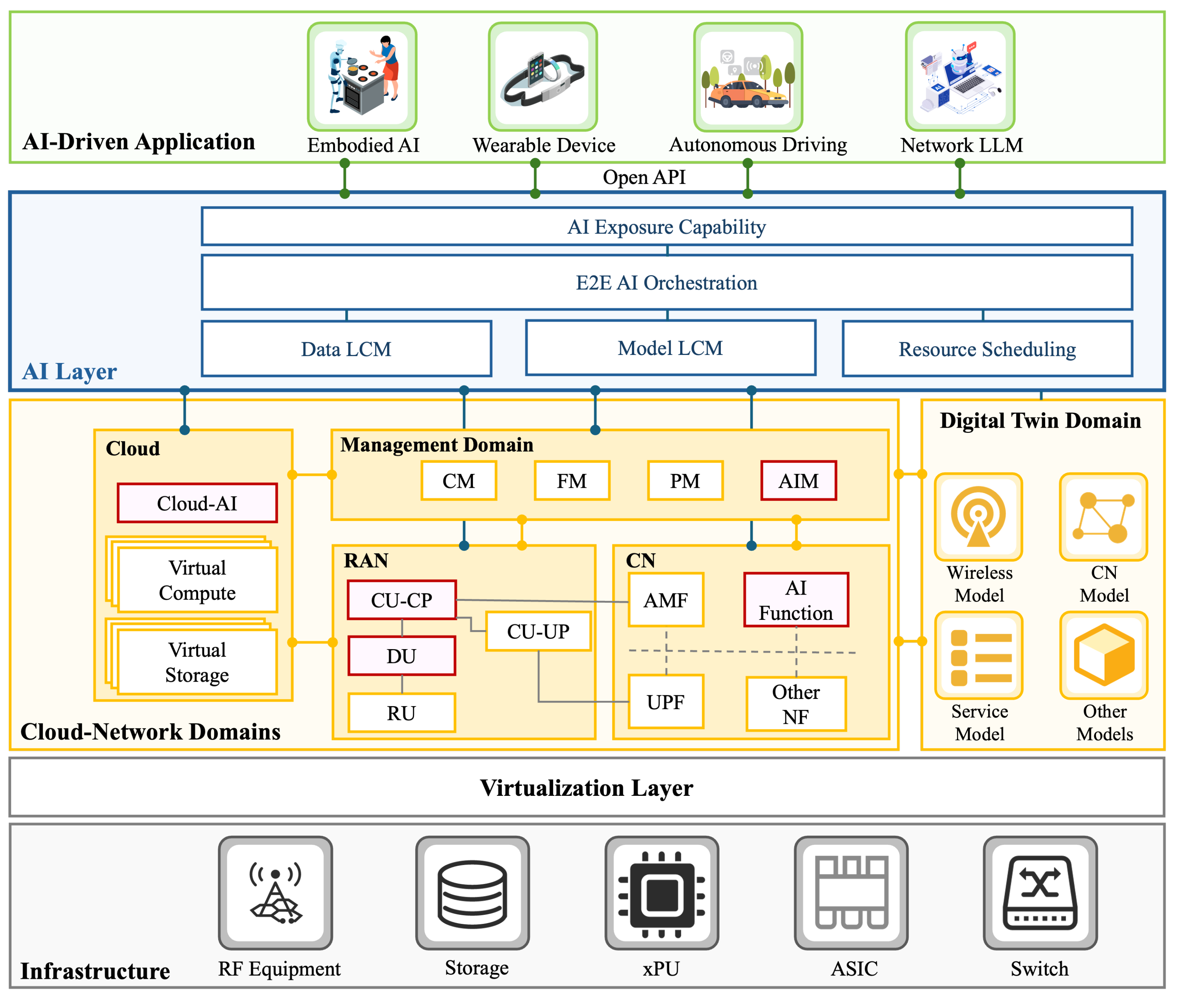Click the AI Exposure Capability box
coord(666,227)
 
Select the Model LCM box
coord(670,348)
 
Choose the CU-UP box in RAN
coord(538,631)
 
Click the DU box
coord(402,656)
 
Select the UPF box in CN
coord(666,702)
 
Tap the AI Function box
coord(796,600)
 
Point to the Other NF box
coord(796,704)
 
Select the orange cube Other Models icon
coord(1103,655)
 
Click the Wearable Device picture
coord(543,77)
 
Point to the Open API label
coord(644,177)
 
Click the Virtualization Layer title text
coord(586,788)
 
